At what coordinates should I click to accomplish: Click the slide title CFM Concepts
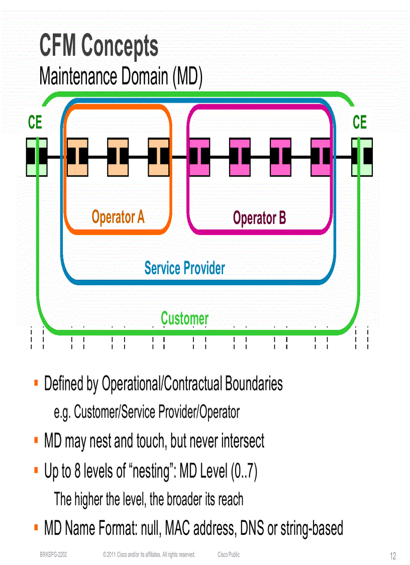[x=99, y=46]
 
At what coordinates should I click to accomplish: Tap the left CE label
[x=35, y=122]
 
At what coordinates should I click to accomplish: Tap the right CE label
[x=360, y=122]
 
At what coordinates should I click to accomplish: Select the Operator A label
[x=118, y=217]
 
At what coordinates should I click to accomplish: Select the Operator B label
[x=259, y=218]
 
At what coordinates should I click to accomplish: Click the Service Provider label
[x=184, y=268]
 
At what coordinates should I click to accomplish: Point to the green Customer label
[x=184, y=318]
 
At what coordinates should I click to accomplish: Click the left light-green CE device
[x=37, y=157]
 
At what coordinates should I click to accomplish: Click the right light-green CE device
[x=362, y=157]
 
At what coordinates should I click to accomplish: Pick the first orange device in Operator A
[x=77, y=157]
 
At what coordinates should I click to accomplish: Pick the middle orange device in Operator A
[x=118, y=157]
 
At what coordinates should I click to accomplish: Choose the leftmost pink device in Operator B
[x=199, y=157]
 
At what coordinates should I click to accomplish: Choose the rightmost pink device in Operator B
[x=321, y=157]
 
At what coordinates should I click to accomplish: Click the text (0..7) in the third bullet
[x=244, y=471]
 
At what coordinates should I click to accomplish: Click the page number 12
[x=393, y=555]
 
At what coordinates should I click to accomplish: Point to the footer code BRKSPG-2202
[x=54, y=554]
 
